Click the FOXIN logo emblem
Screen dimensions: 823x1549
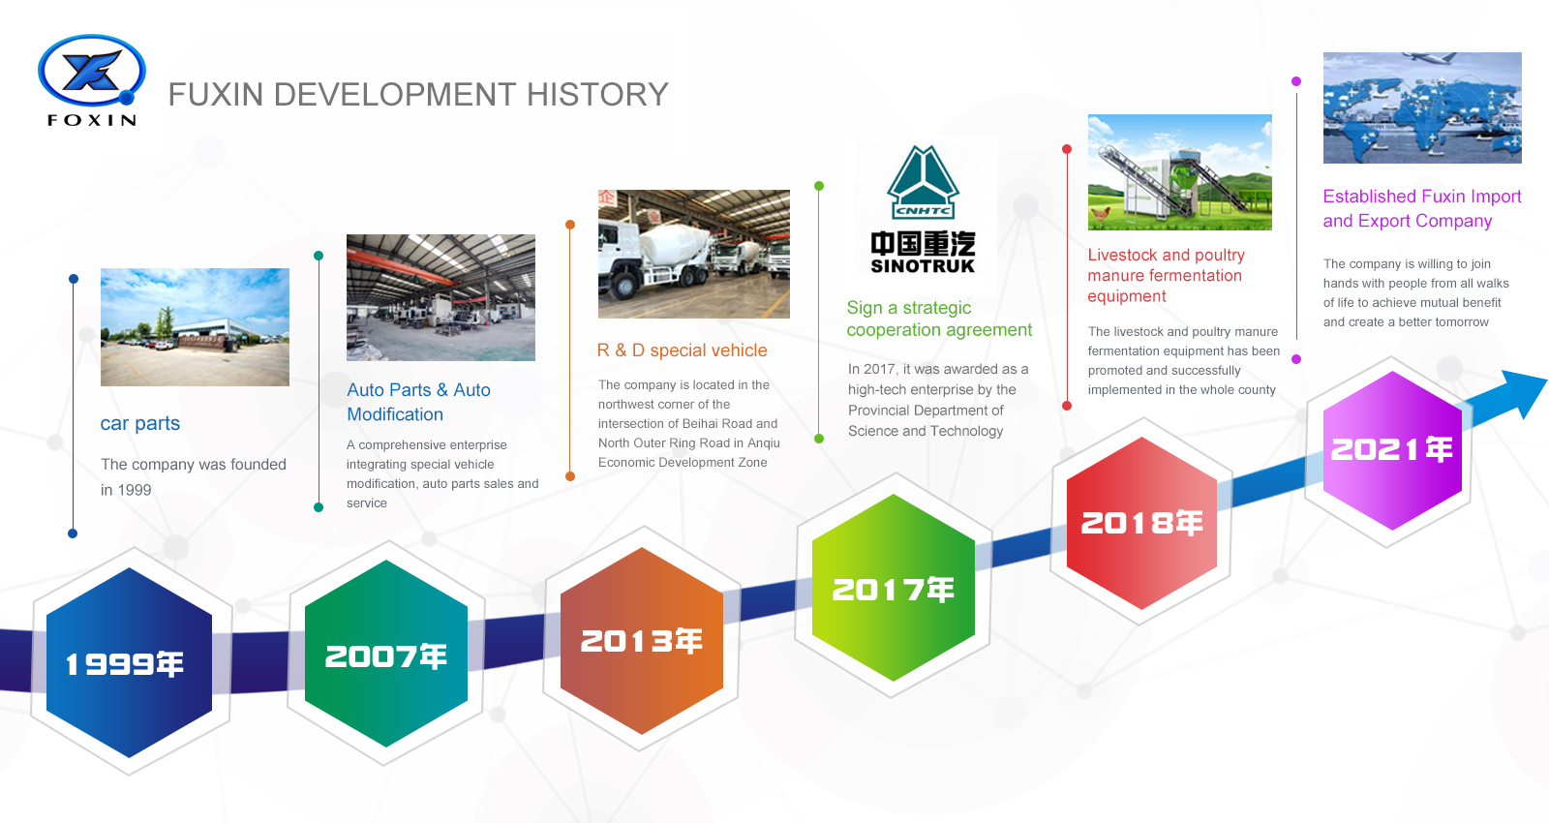coord(91,72)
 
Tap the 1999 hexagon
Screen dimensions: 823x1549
coord(129,663)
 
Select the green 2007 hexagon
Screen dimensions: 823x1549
coord(386,655)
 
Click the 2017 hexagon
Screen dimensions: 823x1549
coord(893,589)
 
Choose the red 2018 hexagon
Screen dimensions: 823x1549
coord(1141,523)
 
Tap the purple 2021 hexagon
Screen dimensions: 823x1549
coord(1391,449)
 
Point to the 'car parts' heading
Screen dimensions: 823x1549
coord(140,423)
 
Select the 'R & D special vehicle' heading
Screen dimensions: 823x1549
coord(682,351)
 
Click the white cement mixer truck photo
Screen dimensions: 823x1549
coord(693,254)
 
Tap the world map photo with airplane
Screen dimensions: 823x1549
coord(1422,107)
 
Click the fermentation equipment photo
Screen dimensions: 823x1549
coord(1179,172)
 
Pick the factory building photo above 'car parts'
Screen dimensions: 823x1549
coord(195,327)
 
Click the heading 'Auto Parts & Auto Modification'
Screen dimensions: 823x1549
coord(418,401)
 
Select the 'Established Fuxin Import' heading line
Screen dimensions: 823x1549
coord(1421,197)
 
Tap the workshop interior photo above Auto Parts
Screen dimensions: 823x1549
coord(440,297)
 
